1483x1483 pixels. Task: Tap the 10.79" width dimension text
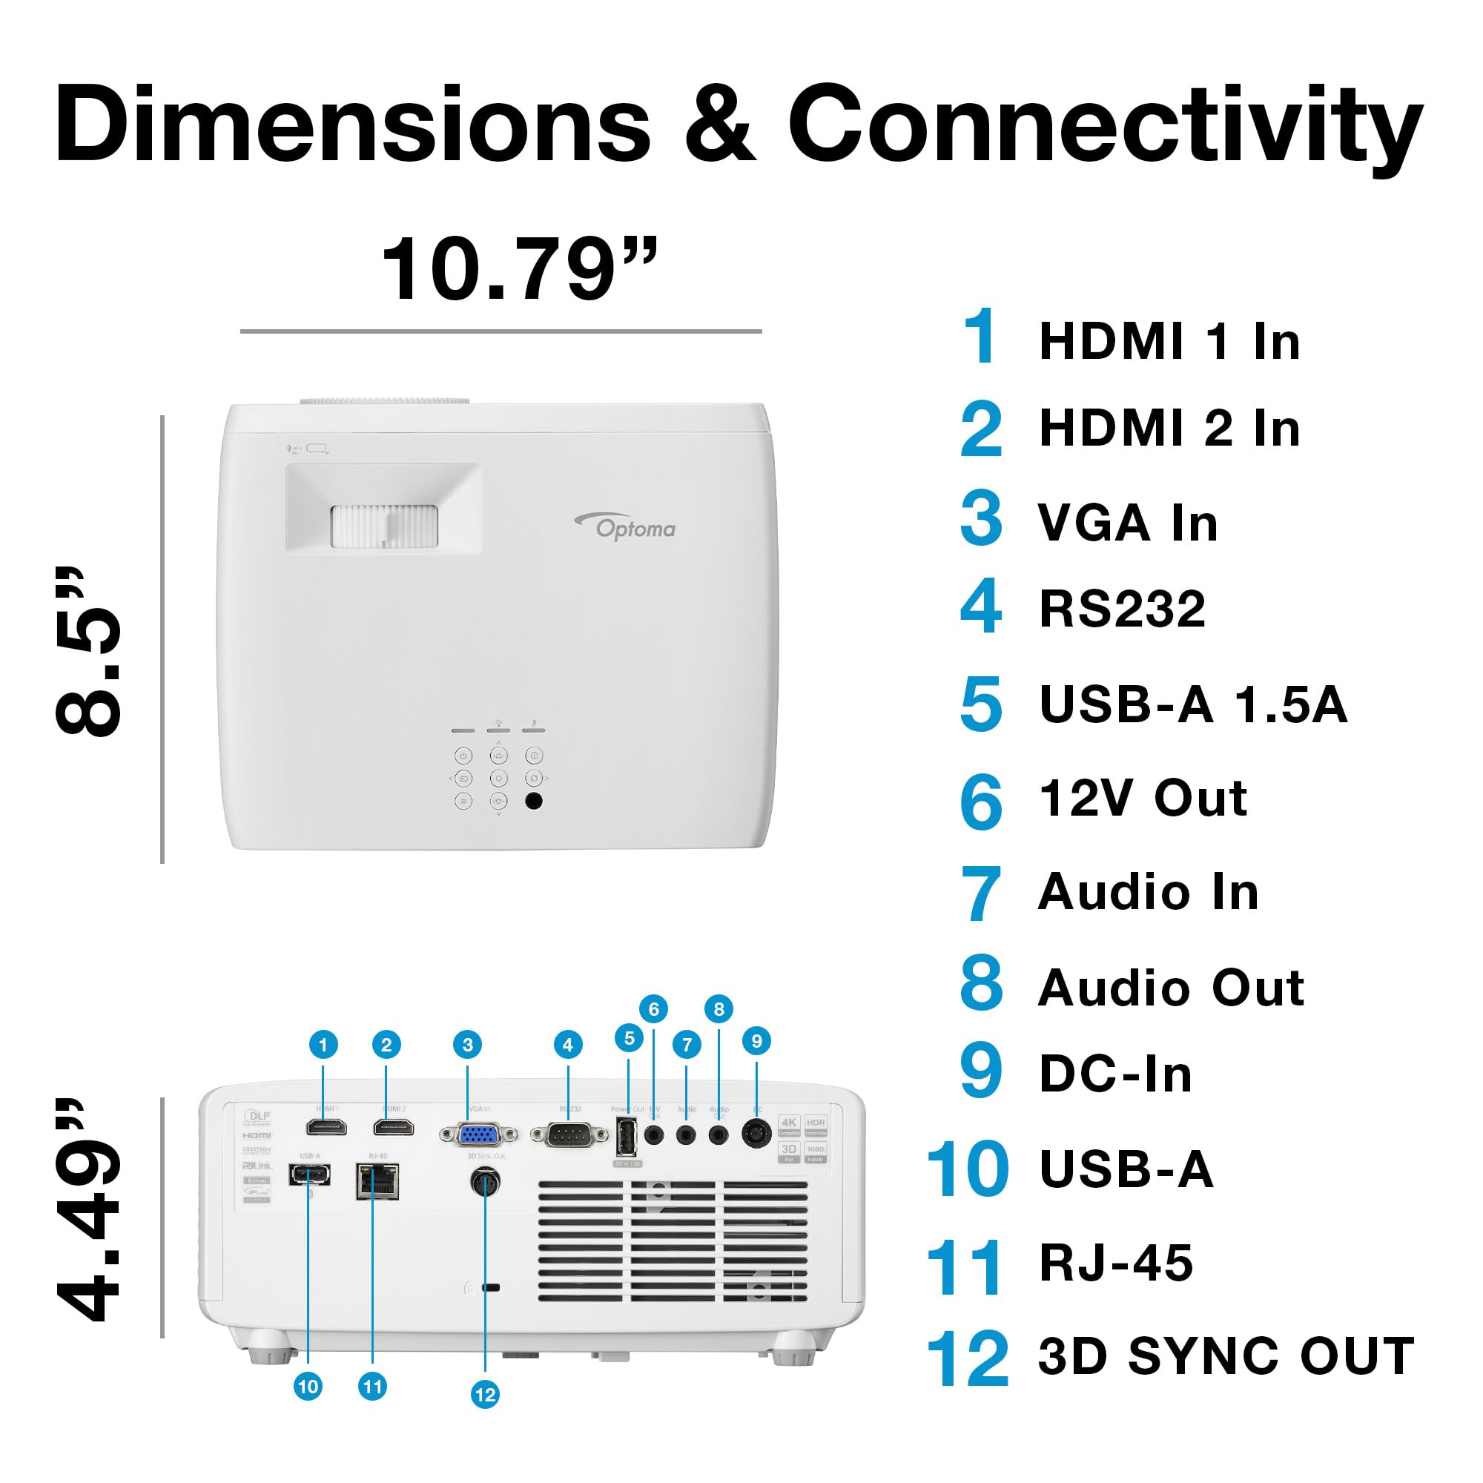click(x=520, y=268)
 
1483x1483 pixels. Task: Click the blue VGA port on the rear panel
click(x=478, y=1134)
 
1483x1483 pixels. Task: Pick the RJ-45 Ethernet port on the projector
click(x=377, y=1180)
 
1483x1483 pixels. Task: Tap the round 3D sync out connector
click(x=485, y=1181)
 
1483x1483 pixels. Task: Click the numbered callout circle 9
click(x=757, y=1041)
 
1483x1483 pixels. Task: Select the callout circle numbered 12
click(x=485, y=1395)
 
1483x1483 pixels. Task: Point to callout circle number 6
click(x=653, y=1008)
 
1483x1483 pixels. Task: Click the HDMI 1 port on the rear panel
click(x=326, y=1127)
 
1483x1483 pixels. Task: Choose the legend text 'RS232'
click(x=1121, y=610)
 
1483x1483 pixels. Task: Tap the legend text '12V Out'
click(x=1143, y=799)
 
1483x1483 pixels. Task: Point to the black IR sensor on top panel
click(x=533, y=801)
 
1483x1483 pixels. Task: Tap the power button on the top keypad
click(x=463, y=756)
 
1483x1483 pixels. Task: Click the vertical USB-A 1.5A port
click(x=627, y=1137)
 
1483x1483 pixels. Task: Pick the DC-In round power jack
click(x=756, y=1133)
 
